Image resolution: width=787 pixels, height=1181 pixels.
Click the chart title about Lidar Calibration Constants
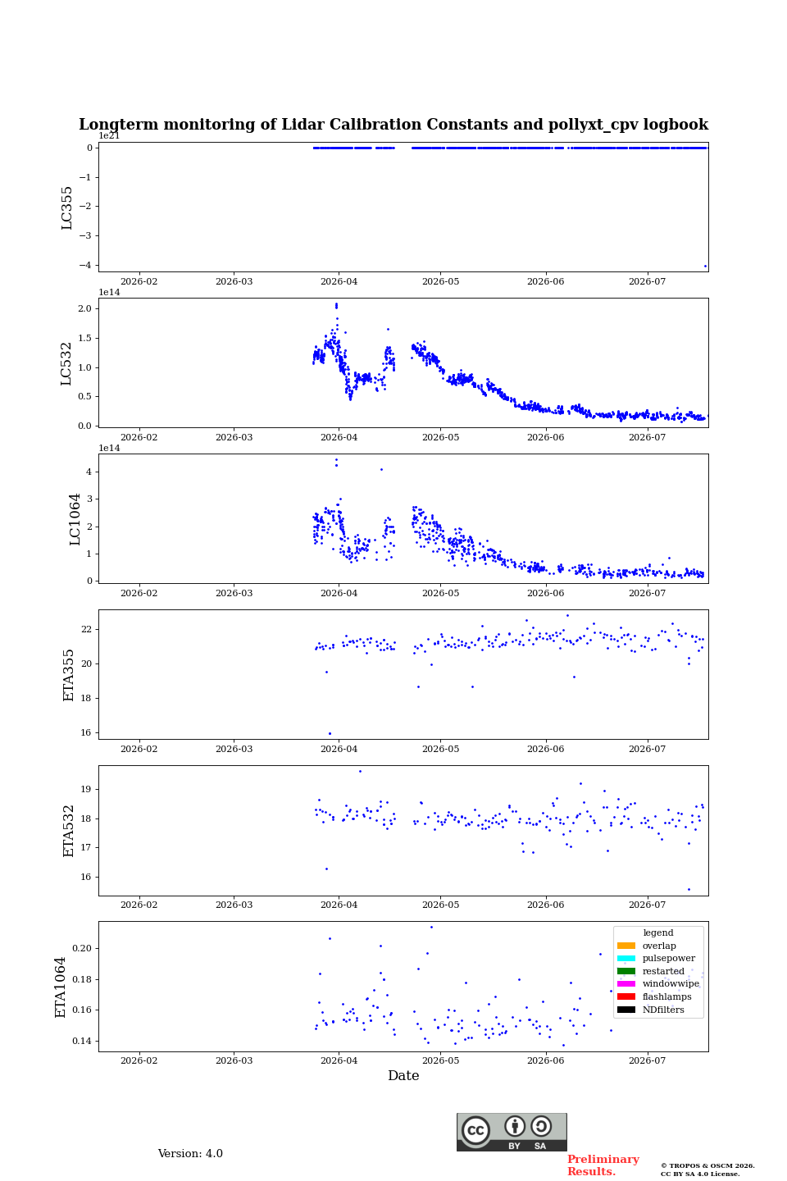click(393, 125)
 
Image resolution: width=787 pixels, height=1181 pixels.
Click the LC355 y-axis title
click(66, 207)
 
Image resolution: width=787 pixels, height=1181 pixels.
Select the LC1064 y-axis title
click(75, 519)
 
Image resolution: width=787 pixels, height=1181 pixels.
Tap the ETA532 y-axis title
click(69, 831)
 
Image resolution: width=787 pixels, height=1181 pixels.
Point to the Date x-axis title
click(403, 1075)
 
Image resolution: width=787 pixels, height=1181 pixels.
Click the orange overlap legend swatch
click(626, 946)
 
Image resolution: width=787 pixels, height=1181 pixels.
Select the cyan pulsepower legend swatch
click(626, 958)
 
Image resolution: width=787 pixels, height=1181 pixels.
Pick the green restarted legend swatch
click(626, 971)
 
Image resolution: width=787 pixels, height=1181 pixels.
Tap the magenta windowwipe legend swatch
click(626, 984)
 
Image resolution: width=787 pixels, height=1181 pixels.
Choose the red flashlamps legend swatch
click(626, 996)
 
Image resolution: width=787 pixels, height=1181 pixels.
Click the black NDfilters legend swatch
click(626, 1010)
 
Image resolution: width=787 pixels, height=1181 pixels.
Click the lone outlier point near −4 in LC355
click(705, 267)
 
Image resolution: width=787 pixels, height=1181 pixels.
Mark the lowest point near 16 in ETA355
click(330, 733)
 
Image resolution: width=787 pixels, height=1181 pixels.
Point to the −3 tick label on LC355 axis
click(85, 235)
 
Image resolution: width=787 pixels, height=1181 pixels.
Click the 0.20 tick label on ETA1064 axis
click(82, 948)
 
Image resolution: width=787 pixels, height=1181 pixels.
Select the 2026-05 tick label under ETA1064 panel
click(441, 1060)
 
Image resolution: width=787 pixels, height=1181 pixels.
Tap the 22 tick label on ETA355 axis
click(86, 630)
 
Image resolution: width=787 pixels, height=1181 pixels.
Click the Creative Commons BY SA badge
click(512, 1132)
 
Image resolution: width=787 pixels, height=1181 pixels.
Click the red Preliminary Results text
click(603, 1165)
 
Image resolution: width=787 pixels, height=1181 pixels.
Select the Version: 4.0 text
click(190, 1154)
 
